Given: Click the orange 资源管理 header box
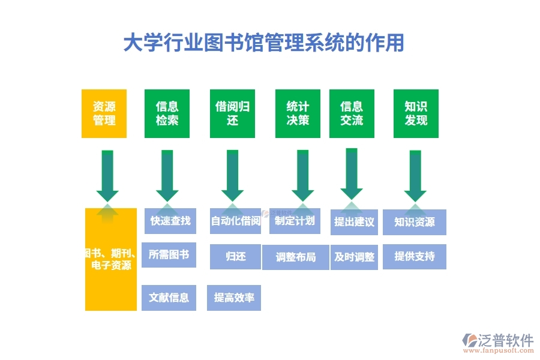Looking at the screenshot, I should [x=104, y=113].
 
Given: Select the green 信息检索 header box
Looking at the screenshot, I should [x=167, y=113].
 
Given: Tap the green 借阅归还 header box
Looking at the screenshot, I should [x=233, y=113].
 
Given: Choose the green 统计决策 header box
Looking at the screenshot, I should [x=298, y=113].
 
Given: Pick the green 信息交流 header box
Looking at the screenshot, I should [x=352, y=113].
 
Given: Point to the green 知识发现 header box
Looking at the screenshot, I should [x=416, y=113].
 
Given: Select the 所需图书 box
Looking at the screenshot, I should [x=169, y=254].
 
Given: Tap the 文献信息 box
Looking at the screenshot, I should [x=169, y=298].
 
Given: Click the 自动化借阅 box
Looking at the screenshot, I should [x=235, y=221].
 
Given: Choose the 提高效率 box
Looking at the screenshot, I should [x=234, y=298].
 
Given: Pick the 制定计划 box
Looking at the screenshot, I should [x=295, y=221].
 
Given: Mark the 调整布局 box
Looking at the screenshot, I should [x=295, y=257].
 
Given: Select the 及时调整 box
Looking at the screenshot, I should [x=354, y=257].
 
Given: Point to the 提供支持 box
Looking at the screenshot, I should [x=415, y=257].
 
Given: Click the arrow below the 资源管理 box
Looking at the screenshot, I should [x=107, y=176].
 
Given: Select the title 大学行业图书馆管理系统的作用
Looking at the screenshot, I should [x=263, y=43].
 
